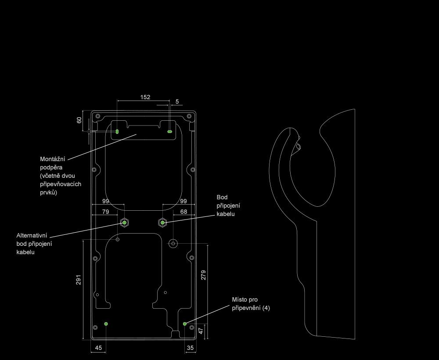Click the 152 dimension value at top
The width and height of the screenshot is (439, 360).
pyautogui.click(x=145, y=97)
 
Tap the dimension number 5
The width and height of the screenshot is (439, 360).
pyautogui.click(x=177, y=101)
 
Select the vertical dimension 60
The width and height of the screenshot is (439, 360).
pyautogui.click(x=79, y=120)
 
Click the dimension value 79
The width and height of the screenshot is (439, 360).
pyautogui.click(x=105, y=212)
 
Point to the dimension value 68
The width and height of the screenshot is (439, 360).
pyautogui.click(x=184, y=212)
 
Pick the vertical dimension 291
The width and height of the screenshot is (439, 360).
pyautogui.click(x=78, y=280)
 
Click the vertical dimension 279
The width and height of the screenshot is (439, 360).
pyautogui.click(x=203, y=275)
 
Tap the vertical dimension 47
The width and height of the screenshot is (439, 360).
pyautogui.click(x=201, y=331)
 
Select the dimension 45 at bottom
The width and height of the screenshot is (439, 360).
pyautogui.click(x=98, y=348)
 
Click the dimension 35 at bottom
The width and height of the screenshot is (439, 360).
pyautogui.click(x=190, y=348)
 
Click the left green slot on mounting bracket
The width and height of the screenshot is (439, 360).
pyautogui.click(x=117, y=131)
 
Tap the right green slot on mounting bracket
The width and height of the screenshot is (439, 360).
pyautogui.click(x=169, y=131)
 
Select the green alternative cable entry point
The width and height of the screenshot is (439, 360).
pyautogui.click(x=125, y=223)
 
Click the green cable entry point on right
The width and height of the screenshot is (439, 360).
pyautogui.click(x=162, y=223)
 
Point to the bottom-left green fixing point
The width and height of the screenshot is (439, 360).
pyautogui.click(x=106, y=324)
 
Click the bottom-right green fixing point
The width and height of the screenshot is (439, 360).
pyautogui.click(x=185, y=324)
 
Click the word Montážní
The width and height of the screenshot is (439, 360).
pyautogui.click(x=52, y=159)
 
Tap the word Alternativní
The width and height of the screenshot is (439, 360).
pyautogui.click(x=32, y=236)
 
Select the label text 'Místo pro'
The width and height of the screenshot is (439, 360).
pyautogui.click(x=245, y=299)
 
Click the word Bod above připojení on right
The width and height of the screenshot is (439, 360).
pyautogui.click(x=222, y=197)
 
